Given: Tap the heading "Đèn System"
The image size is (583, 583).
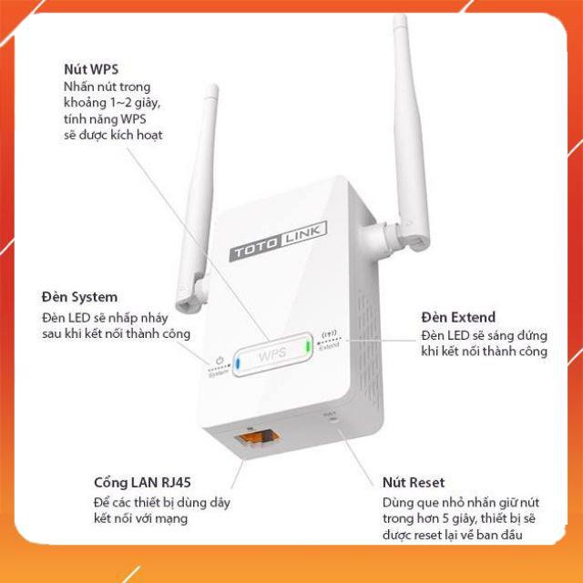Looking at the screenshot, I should (x=79, y=297).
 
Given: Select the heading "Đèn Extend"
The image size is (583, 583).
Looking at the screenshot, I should (x=458, y=317).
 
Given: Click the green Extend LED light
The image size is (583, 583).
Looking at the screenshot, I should (x=310, y=349).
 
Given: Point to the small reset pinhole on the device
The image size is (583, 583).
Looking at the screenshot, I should (x=330, y=420).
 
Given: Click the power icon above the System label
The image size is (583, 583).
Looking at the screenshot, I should (x=219, y=362).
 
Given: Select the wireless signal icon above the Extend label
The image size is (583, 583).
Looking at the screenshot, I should (x=329, y=332).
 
